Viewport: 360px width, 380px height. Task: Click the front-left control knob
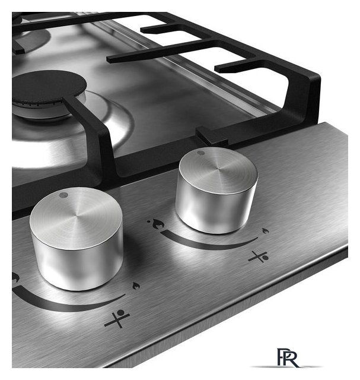pos(77,239)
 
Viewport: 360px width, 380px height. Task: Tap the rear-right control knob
pos(217,191)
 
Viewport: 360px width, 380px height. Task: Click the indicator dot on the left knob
pos(63,195)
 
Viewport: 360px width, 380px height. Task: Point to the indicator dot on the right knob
pos(200,153)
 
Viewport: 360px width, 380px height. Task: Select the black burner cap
pos(49,86)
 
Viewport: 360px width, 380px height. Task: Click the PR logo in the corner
pos(288,357)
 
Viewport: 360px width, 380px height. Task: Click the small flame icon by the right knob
pos(266,230)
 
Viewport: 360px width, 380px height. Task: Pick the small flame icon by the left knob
pos(136,286)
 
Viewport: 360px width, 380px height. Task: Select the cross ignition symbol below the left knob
pos(117,318)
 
